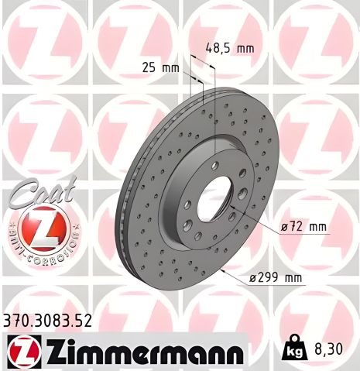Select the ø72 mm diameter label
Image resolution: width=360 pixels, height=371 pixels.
tap(304, 227)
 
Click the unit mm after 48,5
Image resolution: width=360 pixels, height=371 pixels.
tap(245, 49)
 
